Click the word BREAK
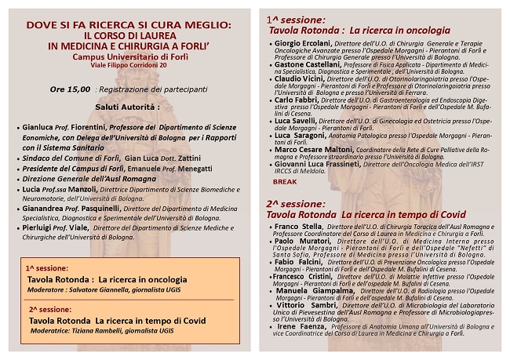[286, 180]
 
